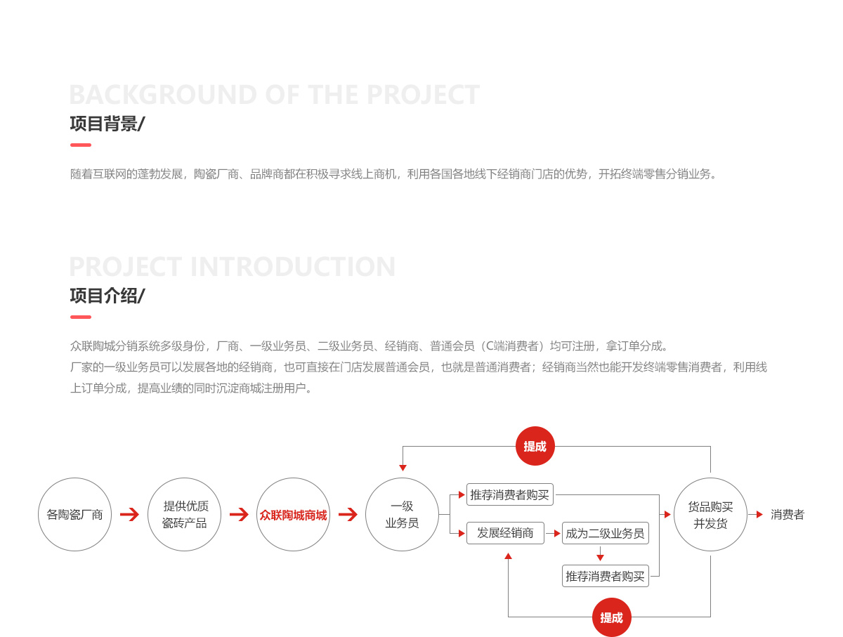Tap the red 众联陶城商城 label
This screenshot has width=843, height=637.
click(x=293, y=515)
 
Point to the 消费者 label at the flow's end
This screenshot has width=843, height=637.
click(x=788, y=515)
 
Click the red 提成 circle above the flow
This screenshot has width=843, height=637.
click(x=535, y=446)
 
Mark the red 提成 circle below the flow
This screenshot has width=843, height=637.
click(x=611, y=617)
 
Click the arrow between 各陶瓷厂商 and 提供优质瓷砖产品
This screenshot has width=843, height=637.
click(x=129, y=515)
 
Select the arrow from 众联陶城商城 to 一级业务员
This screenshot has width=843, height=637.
click(x=348, y=515)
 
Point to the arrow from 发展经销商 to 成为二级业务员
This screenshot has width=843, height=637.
click(x=553, y=533)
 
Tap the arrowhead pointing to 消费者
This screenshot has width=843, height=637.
click(x=759, y=515)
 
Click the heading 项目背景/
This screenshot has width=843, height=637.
click(x=107, y=124)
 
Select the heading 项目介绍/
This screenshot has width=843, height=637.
click(x=107, y=296)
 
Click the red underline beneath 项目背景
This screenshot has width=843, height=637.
click(x=81, y=145)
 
